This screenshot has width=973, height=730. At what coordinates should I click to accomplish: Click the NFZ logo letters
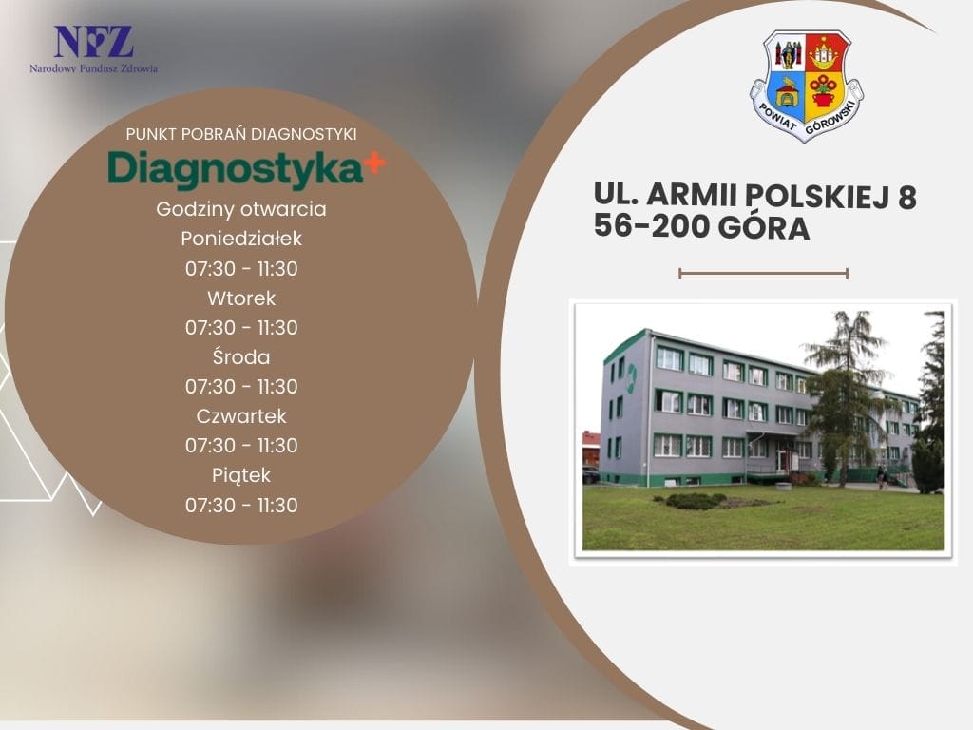[94, 42]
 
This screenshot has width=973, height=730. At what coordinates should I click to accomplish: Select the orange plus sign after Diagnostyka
[374, 163]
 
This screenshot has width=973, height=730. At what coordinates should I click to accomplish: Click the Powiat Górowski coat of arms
[807, 86]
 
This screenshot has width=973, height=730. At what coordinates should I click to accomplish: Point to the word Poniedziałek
[241, 239]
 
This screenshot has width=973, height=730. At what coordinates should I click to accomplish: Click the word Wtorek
[241, 298]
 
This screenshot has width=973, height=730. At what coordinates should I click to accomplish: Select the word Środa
[241, 357]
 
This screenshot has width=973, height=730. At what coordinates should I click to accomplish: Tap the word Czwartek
[241, 416]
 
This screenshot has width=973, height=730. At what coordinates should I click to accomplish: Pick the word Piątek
[241, 475]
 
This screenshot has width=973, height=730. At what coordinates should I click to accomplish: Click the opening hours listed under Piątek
[241, 506]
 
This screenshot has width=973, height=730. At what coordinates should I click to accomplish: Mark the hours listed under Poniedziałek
[241, 269]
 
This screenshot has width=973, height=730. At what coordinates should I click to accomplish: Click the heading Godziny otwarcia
[241, 209]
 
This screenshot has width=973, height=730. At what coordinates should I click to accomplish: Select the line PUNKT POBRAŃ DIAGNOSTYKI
[241, 134]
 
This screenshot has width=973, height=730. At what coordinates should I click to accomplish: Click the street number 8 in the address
[906, 196]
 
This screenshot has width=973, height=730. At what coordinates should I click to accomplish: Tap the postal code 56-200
[651, 226]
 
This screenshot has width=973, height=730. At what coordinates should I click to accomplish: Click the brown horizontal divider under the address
[764, 273]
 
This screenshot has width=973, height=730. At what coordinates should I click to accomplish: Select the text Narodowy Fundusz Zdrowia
[94, 68]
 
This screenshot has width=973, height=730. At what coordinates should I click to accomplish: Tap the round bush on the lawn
[695, 500]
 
